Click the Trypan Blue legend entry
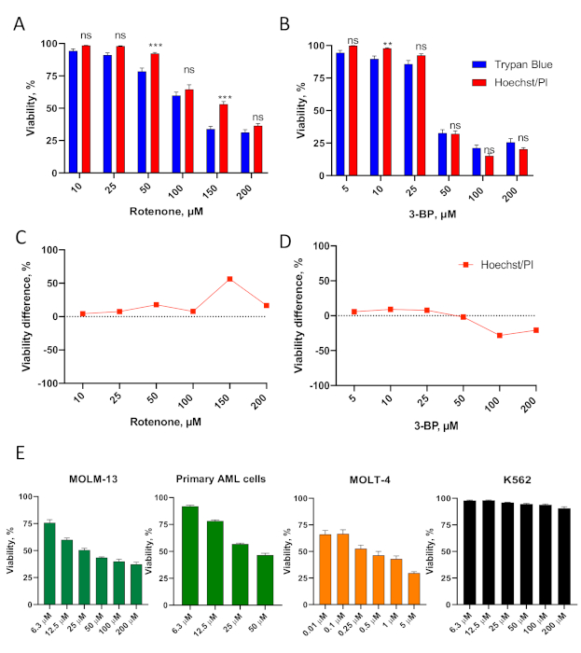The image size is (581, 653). coord(511,65)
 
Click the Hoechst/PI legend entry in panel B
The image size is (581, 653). coord(512,83)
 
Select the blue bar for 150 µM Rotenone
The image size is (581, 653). coord(211,150)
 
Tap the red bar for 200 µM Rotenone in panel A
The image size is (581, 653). coord(257,149)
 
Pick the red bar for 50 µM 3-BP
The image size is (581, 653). coord(455,154)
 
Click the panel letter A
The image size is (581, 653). coord(19,23)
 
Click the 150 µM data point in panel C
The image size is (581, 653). coord(229,279)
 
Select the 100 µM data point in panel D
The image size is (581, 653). coord(500,335)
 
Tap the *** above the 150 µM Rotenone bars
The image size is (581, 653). coord(222,98)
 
